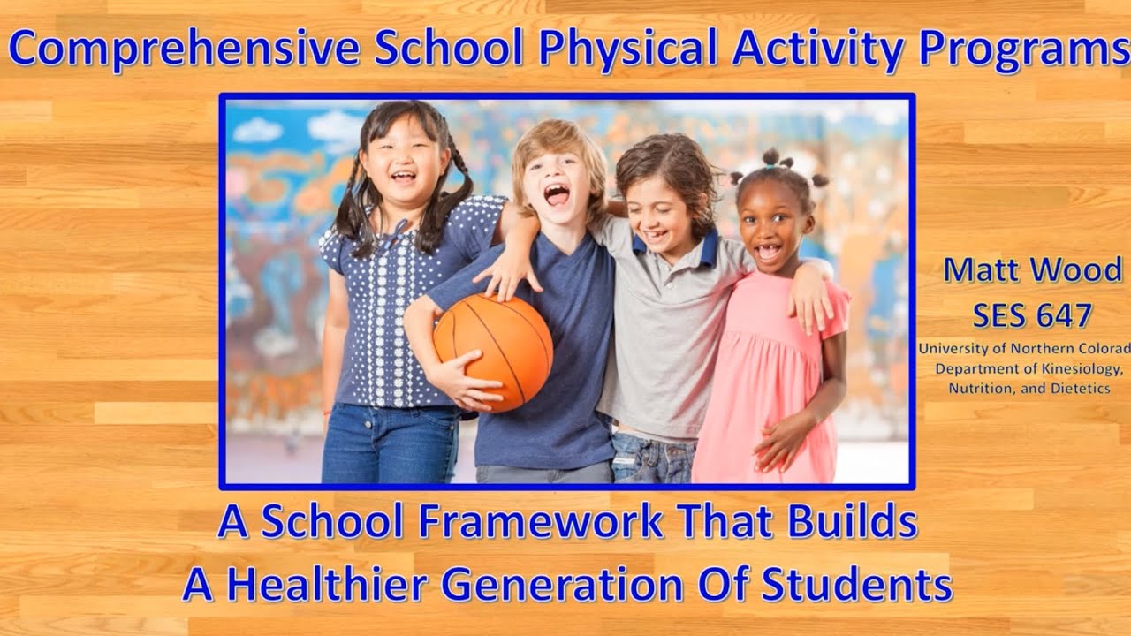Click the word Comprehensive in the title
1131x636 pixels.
(x=186, y=49)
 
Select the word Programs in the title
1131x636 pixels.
(x=1025, y=49)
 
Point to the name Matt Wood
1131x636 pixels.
(x=1032, y=271)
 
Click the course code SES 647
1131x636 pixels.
(x=1032, y=314)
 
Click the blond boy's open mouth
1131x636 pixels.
(x=557, y=194)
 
